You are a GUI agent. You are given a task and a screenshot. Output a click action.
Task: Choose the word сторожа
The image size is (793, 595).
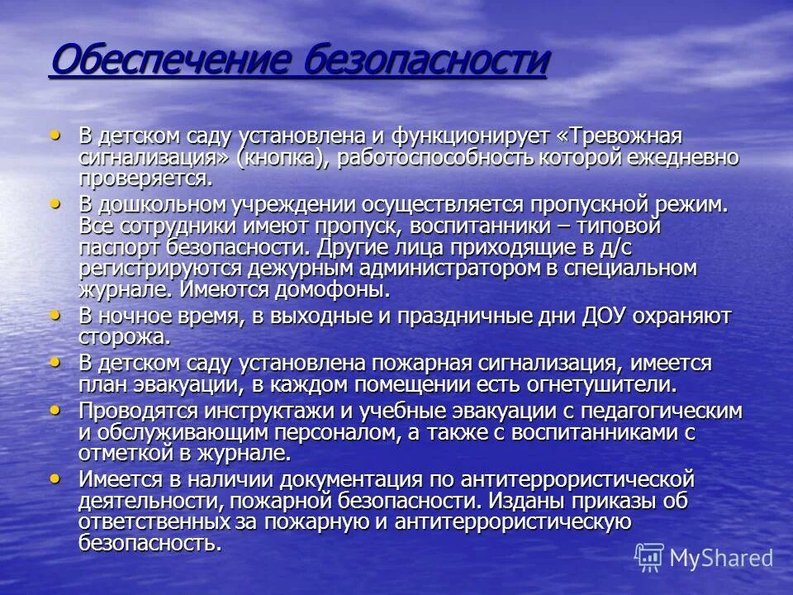124,337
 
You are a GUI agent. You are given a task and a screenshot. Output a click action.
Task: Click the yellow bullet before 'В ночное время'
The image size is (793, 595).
56,315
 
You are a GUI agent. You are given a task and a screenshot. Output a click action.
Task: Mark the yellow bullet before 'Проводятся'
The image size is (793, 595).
56,410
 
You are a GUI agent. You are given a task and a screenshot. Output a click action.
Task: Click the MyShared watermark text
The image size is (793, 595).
720,558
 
